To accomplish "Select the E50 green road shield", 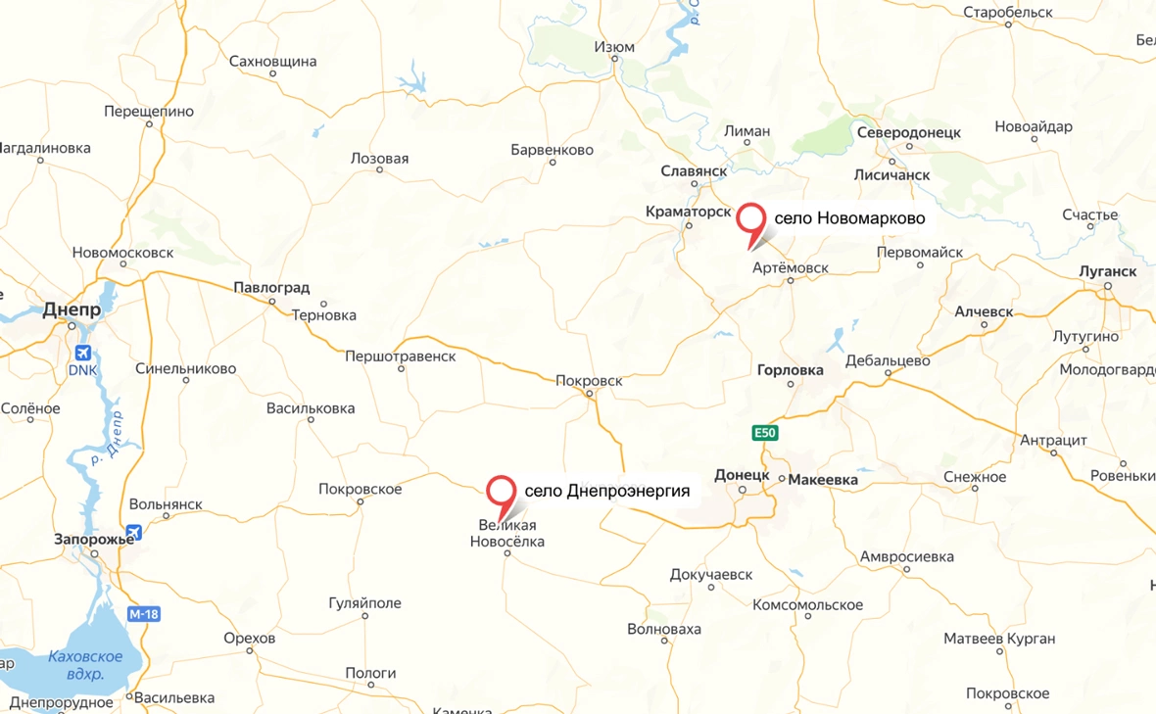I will tap(765, 432).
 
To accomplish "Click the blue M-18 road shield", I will tap(143, 614).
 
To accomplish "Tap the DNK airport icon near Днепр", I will tap(83, 353).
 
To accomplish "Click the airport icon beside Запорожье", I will tap(133, 533).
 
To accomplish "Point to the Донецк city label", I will tap(742, 474).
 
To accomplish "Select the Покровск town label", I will tap(588, 380).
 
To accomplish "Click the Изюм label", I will tap(614, 47).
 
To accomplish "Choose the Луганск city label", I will tap(1107, 270).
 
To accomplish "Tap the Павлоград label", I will tap(271, 288).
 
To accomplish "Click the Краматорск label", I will tap(689, 212).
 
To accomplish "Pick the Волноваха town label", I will tap(664, 629).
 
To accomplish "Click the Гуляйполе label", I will tap(364, 603).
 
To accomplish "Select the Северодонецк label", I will tap(908, 133).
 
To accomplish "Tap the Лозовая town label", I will tap(379, 159).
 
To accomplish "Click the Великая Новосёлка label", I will tap(506, 534).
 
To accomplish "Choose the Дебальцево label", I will tap(888, 359).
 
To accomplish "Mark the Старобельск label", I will tap(1007, 13).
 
